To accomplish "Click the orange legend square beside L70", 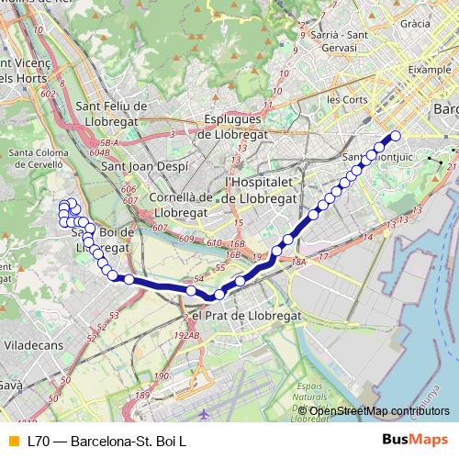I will point(12,441).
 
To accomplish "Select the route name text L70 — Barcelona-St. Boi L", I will point(106,441).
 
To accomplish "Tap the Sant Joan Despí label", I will point(144,167).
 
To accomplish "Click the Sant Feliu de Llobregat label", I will point(104,114).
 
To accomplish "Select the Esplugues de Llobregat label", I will point(233,126).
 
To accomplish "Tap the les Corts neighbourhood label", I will point(346,98).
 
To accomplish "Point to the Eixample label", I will point(431,68).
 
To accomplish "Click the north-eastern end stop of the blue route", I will point(397,136).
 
